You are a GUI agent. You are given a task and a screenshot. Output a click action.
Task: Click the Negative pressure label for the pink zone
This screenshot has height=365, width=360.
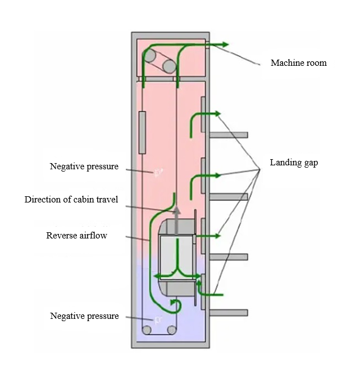coord(84,166)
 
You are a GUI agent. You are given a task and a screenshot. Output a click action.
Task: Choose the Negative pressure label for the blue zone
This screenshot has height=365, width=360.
coord(84,316)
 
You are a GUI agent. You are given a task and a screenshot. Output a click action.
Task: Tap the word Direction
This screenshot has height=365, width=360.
coord(42,200)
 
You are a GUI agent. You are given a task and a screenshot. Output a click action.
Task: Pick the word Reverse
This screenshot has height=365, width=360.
coord(61,236)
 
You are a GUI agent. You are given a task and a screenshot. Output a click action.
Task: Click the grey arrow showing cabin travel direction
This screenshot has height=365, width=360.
coord(177,219)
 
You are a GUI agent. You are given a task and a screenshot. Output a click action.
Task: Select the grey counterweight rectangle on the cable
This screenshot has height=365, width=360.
coord(142,132)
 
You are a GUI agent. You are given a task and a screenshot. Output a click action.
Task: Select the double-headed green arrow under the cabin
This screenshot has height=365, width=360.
coord(177,276)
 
